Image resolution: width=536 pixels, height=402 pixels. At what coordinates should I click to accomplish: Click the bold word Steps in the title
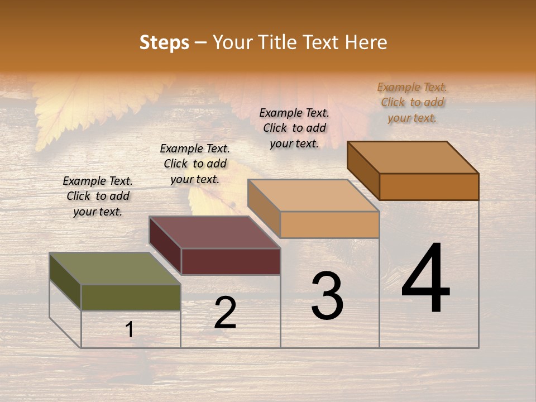[164, 42]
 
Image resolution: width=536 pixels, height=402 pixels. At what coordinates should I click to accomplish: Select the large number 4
[425, 279]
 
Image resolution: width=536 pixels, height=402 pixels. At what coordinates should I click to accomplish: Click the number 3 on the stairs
[327, 296]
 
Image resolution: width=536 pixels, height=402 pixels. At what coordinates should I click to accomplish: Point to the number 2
[225, 313]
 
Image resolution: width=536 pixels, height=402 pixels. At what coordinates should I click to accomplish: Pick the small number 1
[130, 330]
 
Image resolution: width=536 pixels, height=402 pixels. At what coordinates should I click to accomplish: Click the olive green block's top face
[115, 269]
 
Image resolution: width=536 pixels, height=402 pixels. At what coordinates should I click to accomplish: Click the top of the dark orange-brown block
[413, 157]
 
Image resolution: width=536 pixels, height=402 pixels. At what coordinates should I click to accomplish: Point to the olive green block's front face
[131, 298]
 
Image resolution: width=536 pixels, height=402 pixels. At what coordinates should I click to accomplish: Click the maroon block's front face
[231, 261]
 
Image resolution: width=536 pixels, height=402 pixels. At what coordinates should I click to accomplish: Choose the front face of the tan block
[329, 225]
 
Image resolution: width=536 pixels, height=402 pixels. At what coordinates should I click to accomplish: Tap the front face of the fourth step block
[429, 186]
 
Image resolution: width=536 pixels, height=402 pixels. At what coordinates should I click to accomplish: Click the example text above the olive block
[98, 196]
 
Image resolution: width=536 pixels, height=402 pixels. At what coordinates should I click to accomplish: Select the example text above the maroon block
[195, 164]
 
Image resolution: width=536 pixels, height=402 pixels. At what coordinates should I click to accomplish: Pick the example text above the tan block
[294, 128]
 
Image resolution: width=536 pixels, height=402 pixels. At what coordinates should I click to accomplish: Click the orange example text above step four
[412, 102]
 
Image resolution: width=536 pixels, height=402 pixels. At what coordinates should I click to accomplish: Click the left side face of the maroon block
[165, 245]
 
